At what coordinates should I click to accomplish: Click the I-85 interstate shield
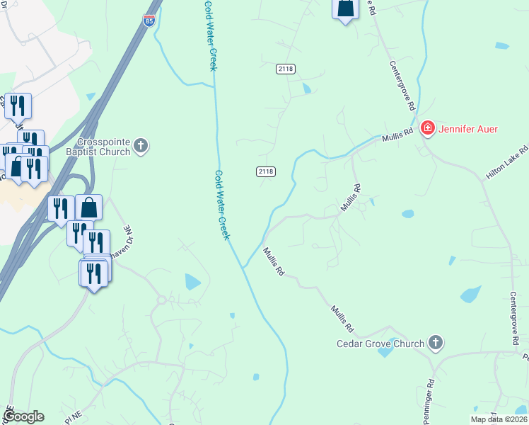[149, 21]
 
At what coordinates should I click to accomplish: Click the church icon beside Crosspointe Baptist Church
[141, 147]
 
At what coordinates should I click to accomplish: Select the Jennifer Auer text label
[468, 129]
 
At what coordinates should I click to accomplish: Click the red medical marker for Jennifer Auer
[427, 128]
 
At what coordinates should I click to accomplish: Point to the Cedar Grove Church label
[380, 344]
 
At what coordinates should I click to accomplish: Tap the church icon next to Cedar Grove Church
[436, 344]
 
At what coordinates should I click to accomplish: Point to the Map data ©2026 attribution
[498, 419]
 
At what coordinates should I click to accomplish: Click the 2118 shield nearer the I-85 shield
[286, 69]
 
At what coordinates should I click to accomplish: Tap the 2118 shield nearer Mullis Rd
[266, 171]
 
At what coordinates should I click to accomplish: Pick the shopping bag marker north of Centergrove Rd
[345, 8]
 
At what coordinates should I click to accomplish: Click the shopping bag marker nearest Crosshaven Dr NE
[88, 208]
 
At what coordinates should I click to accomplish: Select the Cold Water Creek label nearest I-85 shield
[209, 35]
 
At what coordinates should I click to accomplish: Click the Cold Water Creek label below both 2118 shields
[222, 205]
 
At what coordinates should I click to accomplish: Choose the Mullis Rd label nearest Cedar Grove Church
[342, 319]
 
